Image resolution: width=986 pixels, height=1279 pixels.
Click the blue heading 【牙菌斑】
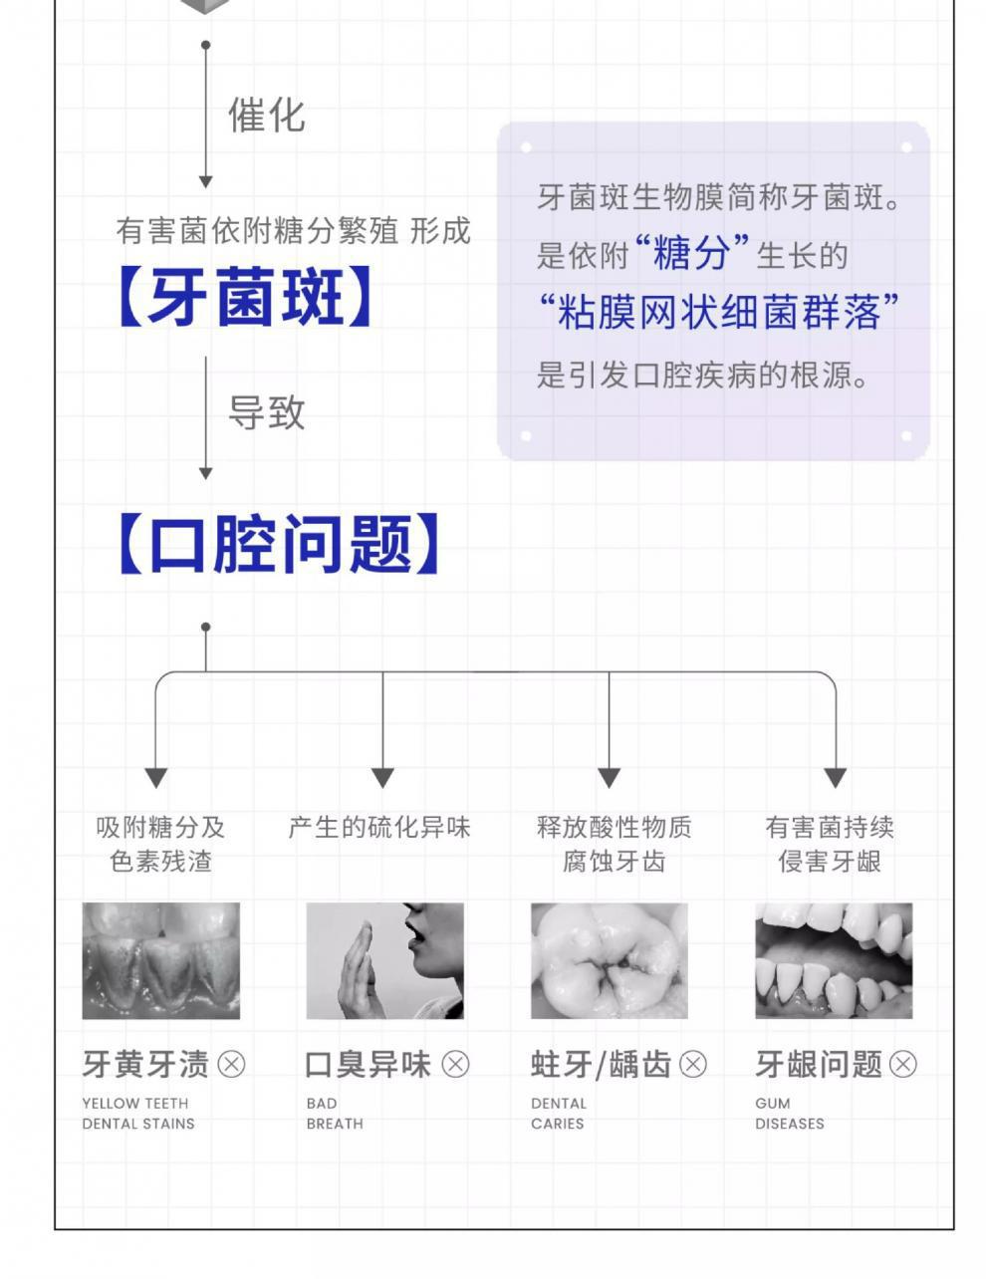[245, 297]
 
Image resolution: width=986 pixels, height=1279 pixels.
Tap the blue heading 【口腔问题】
[278, 544]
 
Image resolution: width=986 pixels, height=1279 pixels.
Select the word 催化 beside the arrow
[266, 116]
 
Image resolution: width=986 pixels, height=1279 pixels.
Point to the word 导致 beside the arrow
[266, 412]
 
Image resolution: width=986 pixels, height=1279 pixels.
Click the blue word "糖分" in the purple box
[692, 254]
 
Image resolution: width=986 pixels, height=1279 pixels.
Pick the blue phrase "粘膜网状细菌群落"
[719, 313]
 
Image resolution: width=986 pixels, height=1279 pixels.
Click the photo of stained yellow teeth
[160, 960]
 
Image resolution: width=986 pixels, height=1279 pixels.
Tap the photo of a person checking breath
[384, 960]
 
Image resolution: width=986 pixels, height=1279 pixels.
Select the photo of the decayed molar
[609, 960]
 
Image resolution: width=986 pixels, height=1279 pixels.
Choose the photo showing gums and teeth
[834, 960]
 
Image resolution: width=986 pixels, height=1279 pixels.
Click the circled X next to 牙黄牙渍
[231, 1064]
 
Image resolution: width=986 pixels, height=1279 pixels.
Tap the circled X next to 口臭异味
[455, 1064]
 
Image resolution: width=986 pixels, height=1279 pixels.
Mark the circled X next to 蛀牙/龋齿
[692, 1064]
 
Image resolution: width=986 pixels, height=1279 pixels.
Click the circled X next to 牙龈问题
[902, 1064]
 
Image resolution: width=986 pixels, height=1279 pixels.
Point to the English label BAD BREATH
[335, 1113]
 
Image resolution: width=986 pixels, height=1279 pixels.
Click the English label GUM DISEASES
[790, 1113]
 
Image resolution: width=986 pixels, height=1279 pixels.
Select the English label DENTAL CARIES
[559, 1113]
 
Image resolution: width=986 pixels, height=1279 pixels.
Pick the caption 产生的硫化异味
[379, 827]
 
